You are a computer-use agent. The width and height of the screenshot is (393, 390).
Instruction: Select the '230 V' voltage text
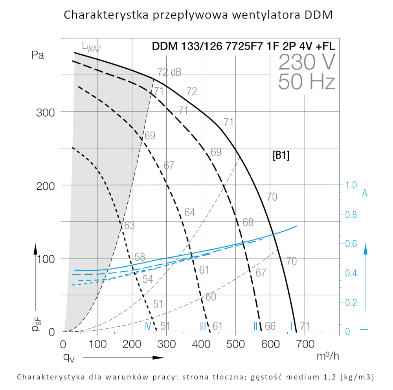point(307,62)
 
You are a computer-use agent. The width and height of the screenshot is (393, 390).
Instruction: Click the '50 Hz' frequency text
point(307,82)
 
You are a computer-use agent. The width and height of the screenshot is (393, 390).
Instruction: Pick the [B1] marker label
point(281,156)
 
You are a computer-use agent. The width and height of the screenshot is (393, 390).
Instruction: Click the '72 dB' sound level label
point(169,72)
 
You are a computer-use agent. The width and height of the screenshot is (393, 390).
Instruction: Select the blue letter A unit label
point(365,193)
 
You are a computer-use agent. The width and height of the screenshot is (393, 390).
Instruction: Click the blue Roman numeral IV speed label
point(148,326)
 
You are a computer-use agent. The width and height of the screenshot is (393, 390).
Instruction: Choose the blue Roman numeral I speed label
point(291,326)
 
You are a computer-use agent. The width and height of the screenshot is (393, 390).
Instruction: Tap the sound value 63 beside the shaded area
point(129,226)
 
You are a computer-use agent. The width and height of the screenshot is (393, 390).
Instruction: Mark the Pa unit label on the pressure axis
point(38,55)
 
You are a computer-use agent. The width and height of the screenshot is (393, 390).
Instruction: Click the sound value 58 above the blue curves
point(140,258)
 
